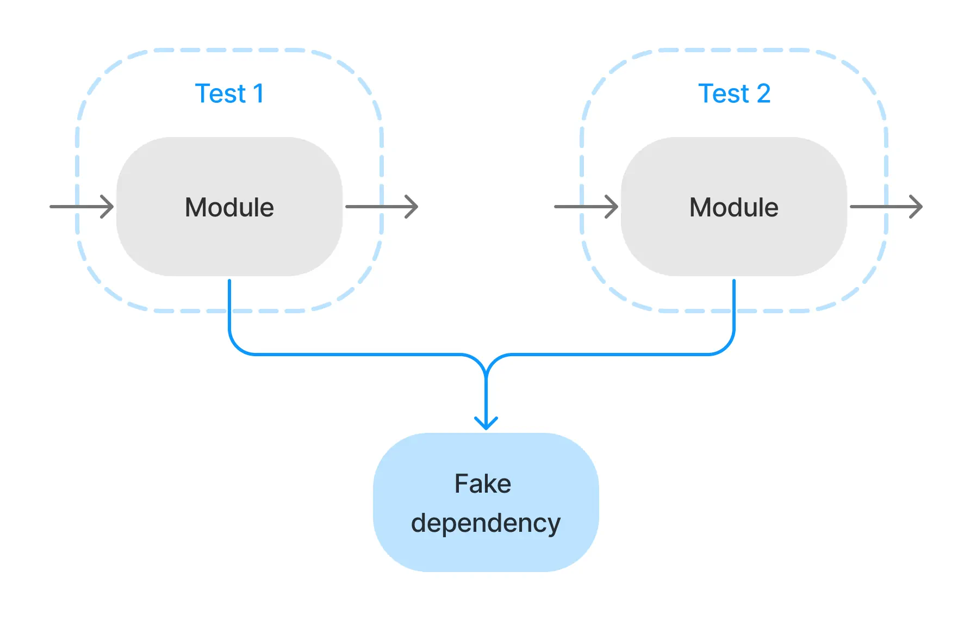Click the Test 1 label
pyautogui.click(x=229, y=94)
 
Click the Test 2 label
pyautogui.click(x=733, y=94)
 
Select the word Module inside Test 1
pyautogui.click(x=229, y=207)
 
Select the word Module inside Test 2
pyautogui.click(x=733, y=207)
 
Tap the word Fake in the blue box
pyautogui.click(x=483, y=483)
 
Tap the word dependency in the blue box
pyautogui.click(x=486, y=523)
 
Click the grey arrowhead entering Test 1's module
pyautogui.click(x=108, y=207)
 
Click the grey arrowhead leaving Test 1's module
pyautogui.click(x=413, y=207)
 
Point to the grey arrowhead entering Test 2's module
pyautogui.click(x=613, y=207)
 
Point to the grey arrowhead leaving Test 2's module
pyautogui.click(x=917, y=207)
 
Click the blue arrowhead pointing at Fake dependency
pyautogui.click(x=486, y=424)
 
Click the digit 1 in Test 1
pyautogui.click(x=258, y=94)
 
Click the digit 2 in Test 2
pyautogui.click(x=763, y=94)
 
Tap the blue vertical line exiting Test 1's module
pyautogui.click(x=229, y=305)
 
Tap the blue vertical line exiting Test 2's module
pyautogui.click(x=734, y=305)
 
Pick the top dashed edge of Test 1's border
pyautogui.click(x=229, y=50)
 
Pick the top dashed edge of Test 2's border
pyautogui.click(x=733, y=50)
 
